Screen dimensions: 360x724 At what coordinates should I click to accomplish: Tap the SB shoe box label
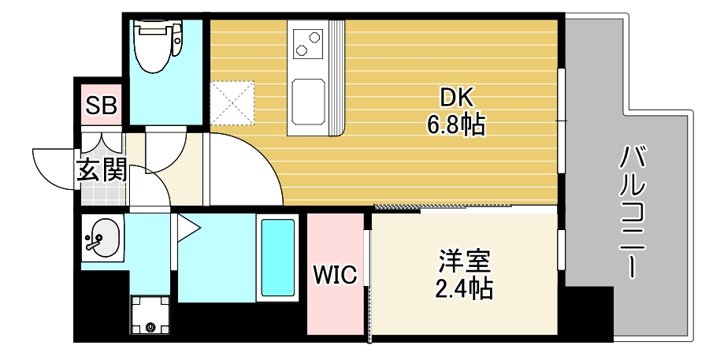point(101,105)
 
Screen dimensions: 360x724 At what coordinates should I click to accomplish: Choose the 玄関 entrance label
point(101,169)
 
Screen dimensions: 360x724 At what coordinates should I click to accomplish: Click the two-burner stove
point(308,43)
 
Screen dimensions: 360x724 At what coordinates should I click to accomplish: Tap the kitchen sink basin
point(308,102)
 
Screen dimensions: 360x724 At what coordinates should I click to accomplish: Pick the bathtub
point(277,256)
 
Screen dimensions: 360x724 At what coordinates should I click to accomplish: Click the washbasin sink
point(102,236)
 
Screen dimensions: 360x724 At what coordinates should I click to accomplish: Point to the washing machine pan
point(150,315)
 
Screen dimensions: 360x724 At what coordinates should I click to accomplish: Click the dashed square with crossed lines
point(234,102)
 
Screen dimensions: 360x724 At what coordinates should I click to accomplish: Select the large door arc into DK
point(252,169)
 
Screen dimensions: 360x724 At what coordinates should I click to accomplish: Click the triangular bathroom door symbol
point(187,229)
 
